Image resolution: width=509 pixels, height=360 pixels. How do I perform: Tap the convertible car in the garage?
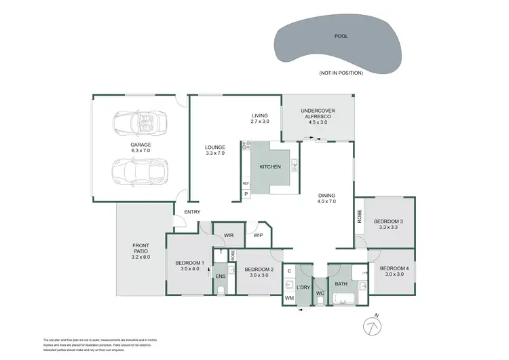coord(140,123)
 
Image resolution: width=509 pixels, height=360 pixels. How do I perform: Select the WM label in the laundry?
coord(288,298)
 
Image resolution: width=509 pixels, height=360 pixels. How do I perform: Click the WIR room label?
coord(229,235)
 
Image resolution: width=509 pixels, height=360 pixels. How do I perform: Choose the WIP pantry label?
coord(258,236)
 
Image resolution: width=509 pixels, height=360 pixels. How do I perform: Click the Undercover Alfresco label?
coord(318,114)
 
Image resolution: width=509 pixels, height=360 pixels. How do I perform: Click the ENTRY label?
coord(192,213)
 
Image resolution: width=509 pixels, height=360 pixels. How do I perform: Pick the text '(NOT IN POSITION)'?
coord(340,73)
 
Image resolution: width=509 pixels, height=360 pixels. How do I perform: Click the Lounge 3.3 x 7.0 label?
coord(214,150)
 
